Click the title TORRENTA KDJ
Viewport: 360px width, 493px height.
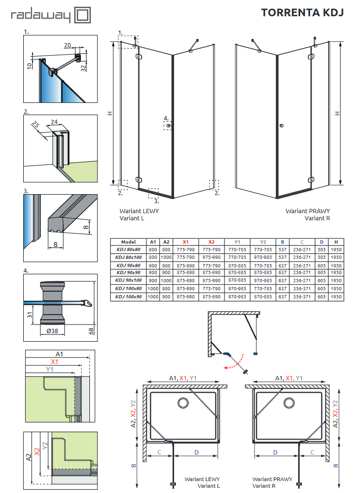click(302, 12)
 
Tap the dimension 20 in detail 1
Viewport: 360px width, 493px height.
click(67, 45)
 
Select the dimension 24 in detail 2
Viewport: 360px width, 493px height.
click(54, 121)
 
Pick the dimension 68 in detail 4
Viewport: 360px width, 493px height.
click(91, 330)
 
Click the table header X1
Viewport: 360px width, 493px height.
click(185, 242)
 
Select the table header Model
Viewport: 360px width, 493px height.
click(128, 242)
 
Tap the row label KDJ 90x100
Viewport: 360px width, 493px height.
click(128, 281)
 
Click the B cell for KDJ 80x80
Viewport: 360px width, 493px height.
click(282, 249)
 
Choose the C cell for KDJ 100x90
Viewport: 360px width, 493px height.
click(302, 296)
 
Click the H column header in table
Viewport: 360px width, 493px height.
click(336, 242)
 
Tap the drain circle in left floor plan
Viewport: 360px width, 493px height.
click(183, 403)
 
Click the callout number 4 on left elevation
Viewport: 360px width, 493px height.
click(165, 118)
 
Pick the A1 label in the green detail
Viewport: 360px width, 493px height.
click(59, 354)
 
